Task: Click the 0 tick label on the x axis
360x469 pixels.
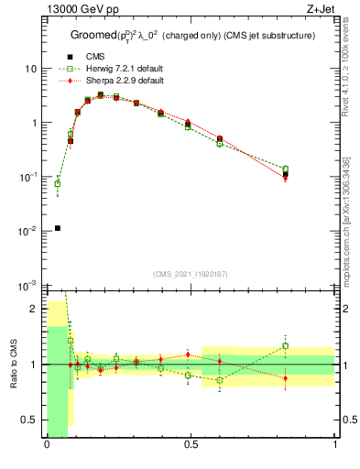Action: pyautogui.click(x=47, y=446)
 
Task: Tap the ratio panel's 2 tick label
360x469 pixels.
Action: pyautogui.click(x=35, y=309)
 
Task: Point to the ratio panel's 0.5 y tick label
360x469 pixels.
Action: pyautogui.click(x=31, y=420)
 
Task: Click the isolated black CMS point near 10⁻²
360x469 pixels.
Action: pyautogui.click(x=57, y=228)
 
